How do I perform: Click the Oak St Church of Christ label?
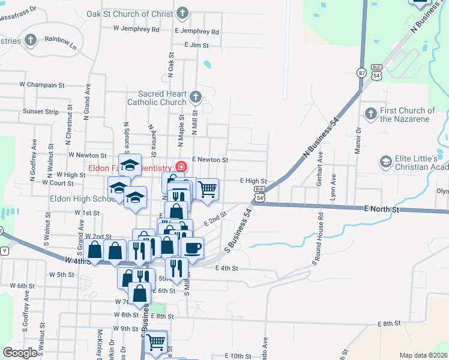[130, 14]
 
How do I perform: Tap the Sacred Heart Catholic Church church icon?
[195, 97]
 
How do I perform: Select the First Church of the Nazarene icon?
[370, 113]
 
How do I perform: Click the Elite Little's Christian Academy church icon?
[385, 161]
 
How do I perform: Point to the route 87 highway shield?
[361, 73]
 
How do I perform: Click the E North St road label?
[382, 209]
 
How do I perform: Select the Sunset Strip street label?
[41, 112]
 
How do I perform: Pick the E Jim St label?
[196, 45]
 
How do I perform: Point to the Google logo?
[20, 353]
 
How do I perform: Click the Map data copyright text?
[423, 355]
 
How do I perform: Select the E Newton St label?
[210, 160]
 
